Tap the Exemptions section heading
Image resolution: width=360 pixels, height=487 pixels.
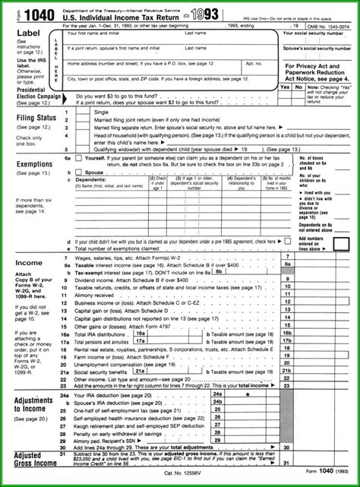tap(34, 163)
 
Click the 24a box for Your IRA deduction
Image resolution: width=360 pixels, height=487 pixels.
tap(219, 395)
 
